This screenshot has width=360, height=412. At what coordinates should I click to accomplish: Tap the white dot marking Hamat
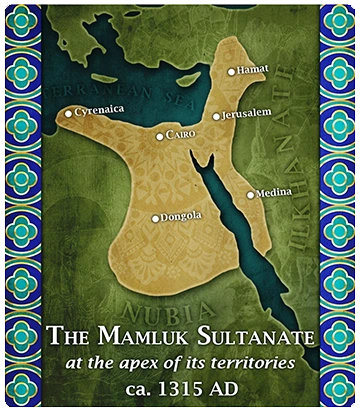(232, 71)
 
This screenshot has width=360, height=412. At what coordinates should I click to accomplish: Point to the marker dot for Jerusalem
(216, 116)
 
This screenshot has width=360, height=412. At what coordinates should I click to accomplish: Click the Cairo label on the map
(182, 134)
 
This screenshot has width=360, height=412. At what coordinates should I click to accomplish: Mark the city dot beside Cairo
(160, 136)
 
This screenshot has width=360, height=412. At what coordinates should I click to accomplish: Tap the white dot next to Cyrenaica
(68, 113)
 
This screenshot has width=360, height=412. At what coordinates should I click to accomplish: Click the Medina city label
(274, 192)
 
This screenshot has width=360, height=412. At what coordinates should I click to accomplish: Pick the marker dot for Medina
(250, 195)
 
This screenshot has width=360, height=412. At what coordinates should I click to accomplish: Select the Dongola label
(182, 216)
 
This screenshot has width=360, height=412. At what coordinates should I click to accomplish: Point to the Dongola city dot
(155, 218)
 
